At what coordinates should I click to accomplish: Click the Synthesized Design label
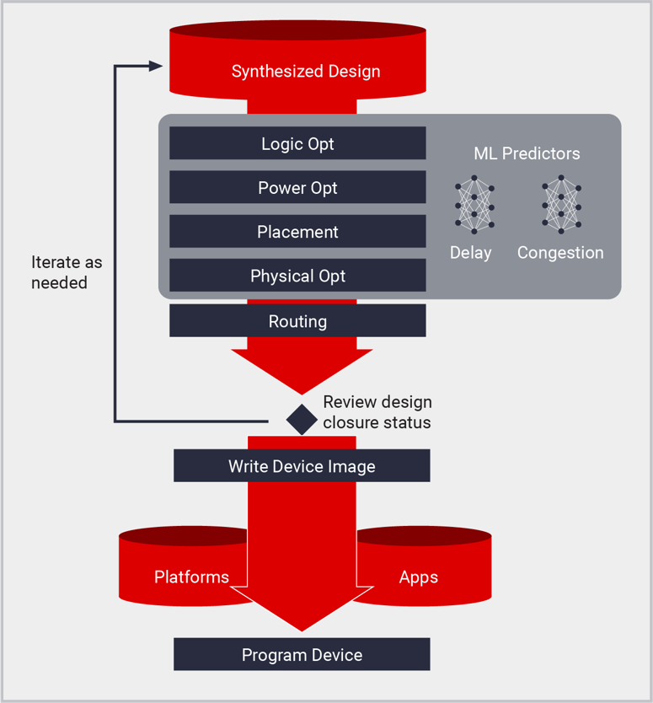click(x=306, y=72)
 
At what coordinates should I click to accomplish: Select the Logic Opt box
click(x=297, y=144)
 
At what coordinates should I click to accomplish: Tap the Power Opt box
click(x=297, y=188)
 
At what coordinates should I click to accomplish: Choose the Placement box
click(x=297, y=232)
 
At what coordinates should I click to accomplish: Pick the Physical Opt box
click(x=297, y=276)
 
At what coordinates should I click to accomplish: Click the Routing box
click(x=297, y=321)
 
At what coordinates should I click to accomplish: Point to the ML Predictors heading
click(x=527, y=153)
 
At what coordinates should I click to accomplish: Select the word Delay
click(x=471, y=252)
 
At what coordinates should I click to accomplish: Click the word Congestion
click(x=560, y=252)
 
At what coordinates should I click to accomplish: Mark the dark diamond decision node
click(x=301, y=419)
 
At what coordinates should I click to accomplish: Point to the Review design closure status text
click(x=377, y=412)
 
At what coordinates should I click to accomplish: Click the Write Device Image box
click(x=302, y=466)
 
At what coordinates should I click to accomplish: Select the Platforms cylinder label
click(x=191, y=577)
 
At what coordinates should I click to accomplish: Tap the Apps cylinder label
click(x=419, y=577)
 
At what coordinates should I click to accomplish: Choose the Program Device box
click(x=302, y=655)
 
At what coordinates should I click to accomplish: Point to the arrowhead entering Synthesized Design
click(x=156, y=66)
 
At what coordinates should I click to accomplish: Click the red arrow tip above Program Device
click(x=302, y=625)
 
